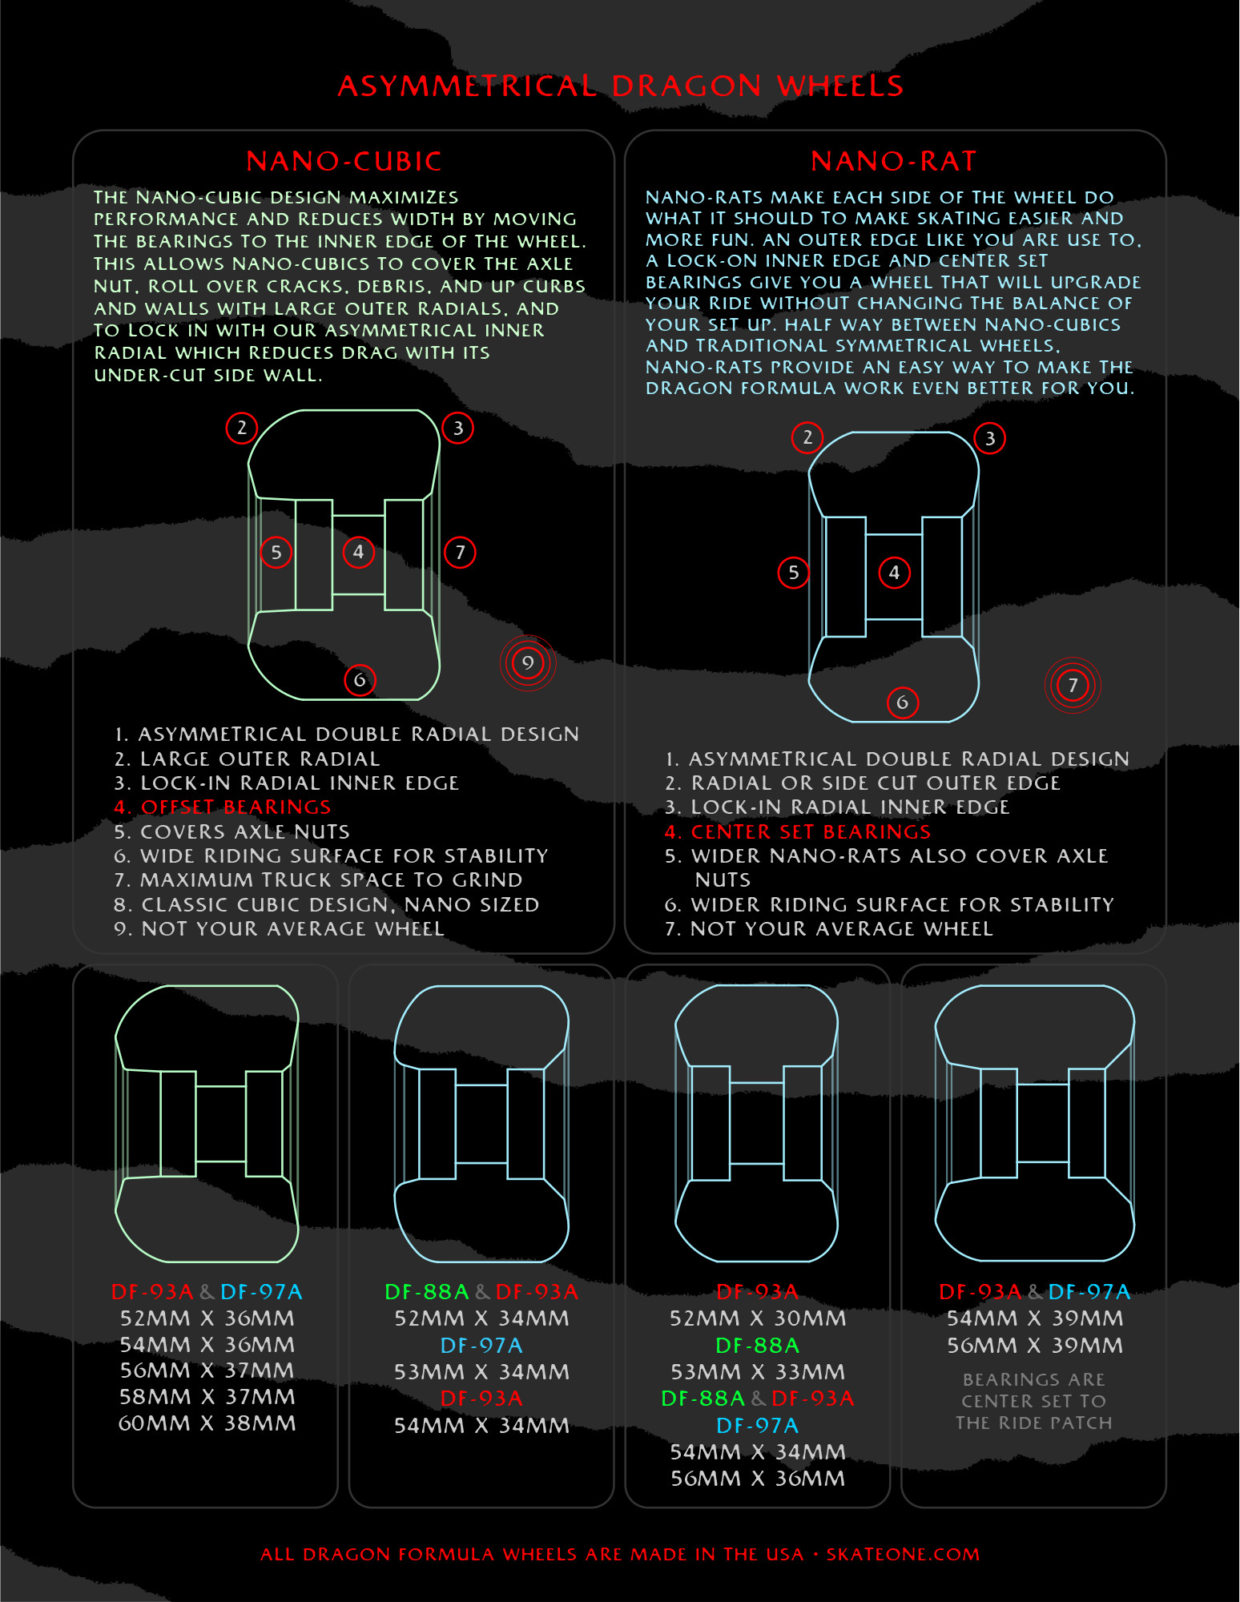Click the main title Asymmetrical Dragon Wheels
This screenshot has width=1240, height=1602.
621,86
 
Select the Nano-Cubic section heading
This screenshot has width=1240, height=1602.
344,161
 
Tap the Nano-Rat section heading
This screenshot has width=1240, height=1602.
894,161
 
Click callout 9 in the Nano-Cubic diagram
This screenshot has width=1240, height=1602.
527,662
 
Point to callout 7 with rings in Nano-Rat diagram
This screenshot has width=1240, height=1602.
1073,685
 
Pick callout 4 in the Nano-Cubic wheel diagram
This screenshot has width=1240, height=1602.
358,552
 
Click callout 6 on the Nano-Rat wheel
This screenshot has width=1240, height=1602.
902,702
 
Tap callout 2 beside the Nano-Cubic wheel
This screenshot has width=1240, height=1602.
241,428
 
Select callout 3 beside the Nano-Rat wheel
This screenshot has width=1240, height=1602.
989,438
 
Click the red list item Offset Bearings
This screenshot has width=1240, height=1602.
223,807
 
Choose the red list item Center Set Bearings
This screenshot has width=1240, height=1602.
798,832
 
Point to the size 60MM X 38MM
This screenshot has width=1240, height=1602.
207,1423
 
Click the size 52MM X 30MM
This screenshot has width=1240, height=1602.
758,1318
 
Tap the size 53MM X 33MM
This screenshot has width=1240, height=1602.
758,1372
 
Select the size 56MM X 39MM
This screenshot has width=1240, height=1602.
1035,1346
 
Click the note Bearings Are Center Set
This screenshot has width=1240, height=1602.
1034,1390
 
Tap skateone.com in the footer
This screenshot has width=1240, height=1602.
903,1554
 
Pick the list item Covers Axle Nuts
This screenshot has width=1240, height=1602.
232,831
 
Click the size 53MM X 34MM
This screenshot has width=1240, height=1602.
481,1372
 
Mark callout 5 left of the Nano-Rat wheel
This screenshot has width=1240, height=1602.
793,573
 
